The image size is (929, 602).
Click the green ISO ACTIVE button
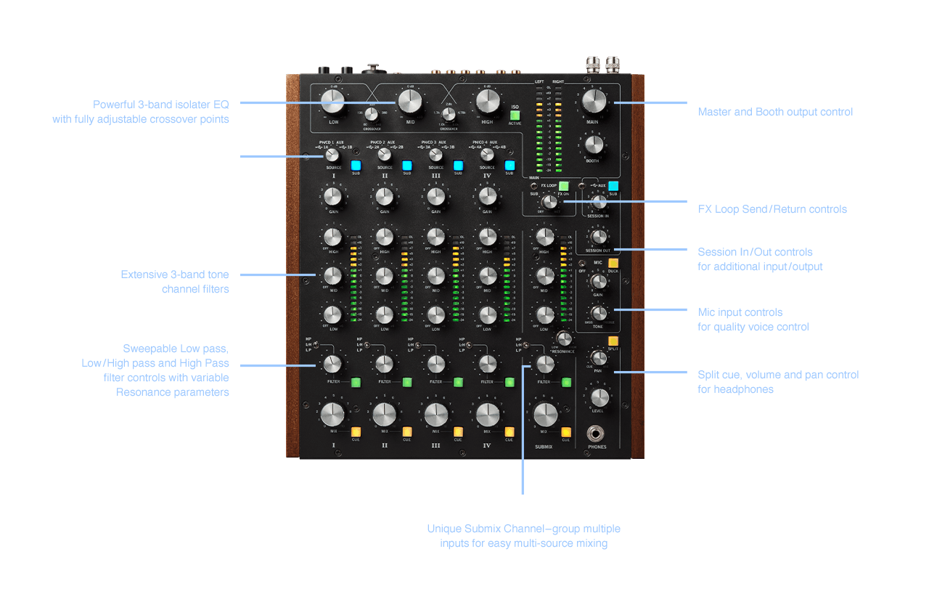click(515, 115)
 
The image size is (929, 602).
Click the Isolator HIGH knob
click(487, 101)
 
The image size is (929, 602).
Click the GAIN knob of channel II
click(384, 197)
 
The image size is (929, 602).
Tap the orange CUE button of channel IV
click(509, 432)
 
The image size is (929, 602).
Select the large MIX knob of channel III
click(435, 415)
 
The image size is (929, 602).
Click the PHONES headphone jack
click(597, 434)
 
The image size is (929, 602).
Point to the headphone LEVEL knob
click(599, 397)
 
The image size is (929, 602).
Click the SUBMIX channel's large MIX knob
click(544, 415)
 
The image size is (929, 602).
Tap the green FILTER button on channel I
click(356, 382)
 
